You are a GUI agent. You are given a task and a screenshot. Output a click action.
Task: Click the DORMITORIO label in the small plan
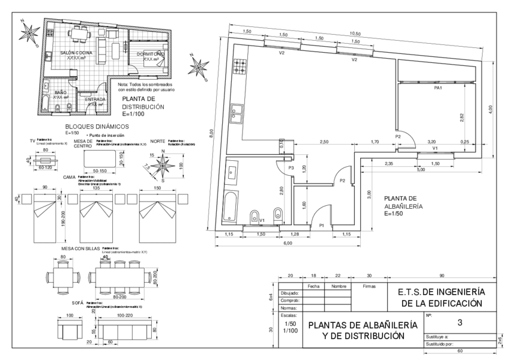[x=145, y=54]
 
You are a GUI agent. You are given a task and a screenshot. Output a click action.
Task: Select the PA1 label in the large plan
[x=438, y=88]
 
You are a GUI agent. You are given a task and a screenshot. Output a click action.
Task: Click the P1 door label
[x=322, y=225]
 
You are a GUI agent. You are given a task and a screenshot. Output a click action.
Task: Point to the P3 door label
[x=291, y=169]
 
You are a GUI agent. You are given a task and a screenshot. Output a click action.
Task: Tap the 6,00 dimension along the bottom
[x=288, y=243]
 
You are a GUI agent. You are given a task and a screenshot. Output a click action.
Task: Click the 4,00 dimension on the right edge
[x=490, y=108]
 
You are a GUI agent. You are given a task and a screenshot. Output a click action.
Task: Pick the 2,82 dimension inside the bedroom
[x=462, y=118]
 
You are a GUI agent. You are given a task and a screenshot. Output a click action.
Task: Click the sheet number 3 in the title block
[x=459, y=323]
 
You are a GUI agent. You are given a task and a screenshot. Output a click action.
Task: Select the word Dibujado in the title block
[x=289, y=293]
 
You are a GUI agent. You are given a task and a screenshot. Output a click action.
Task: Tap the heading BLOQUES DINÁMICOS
[x=97, y=127]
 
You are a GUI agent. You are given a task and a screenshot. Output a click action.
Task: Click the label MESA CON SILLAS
[x=81, y=248]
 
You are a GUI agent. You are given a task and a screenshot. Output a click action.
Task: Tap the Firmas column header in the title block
[x=369, y=286]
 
